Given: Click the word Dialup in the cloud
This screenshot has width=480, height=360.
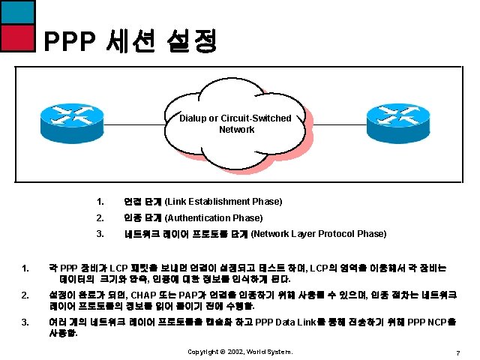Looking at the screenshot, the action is coord(196,118).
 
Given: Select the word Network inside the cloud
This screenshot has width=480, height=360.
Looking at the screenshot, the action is coord(236,129).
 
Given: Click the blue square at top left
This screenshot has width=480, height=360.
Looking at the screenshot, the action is coord(17,11).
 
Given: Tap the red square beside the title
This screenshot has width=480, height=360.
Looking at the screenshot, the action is coord(17,36).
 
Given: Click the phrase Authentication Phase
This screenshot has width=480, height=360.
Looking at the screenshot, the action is coord(214,217).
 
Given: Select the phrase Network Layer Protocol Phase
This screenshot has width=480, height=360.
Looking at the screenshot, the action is coord(319,234).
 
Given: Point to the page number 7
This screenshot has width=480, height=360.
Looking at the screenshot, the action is coord(457,352).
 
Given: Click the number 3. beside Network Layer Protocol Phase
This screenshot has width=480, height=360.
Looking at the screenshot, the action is coord(100,234).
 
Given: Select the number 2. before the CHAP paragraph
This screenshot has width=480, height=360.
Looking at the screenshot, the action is coord(25,295).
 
